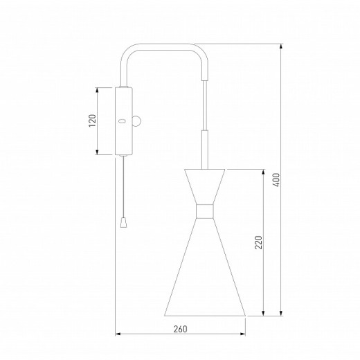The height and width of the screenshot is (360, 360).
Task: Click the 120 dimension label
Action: pos(93,120)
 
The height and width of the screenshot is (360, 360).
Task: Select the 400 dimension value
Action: pos(276,180)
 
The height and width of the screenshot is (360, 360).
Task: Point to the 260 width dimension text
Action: pos(180,329)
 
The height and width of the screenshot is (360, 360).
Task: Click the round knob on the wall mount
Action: pos(136,121)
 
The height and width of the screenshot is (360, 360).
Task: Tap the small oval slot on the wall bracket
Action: pos(122,121)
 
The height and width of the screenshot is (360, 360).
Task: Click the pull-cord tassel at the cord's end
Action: pos(124,223)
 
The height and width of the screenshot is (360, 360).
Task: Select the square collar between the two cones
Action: pos(204,211)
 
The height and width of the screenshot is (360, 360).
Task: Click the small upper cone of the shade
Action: pos(204,186)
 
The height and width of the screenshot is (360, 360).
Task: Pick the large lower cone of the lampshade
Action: pos(205,267)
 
